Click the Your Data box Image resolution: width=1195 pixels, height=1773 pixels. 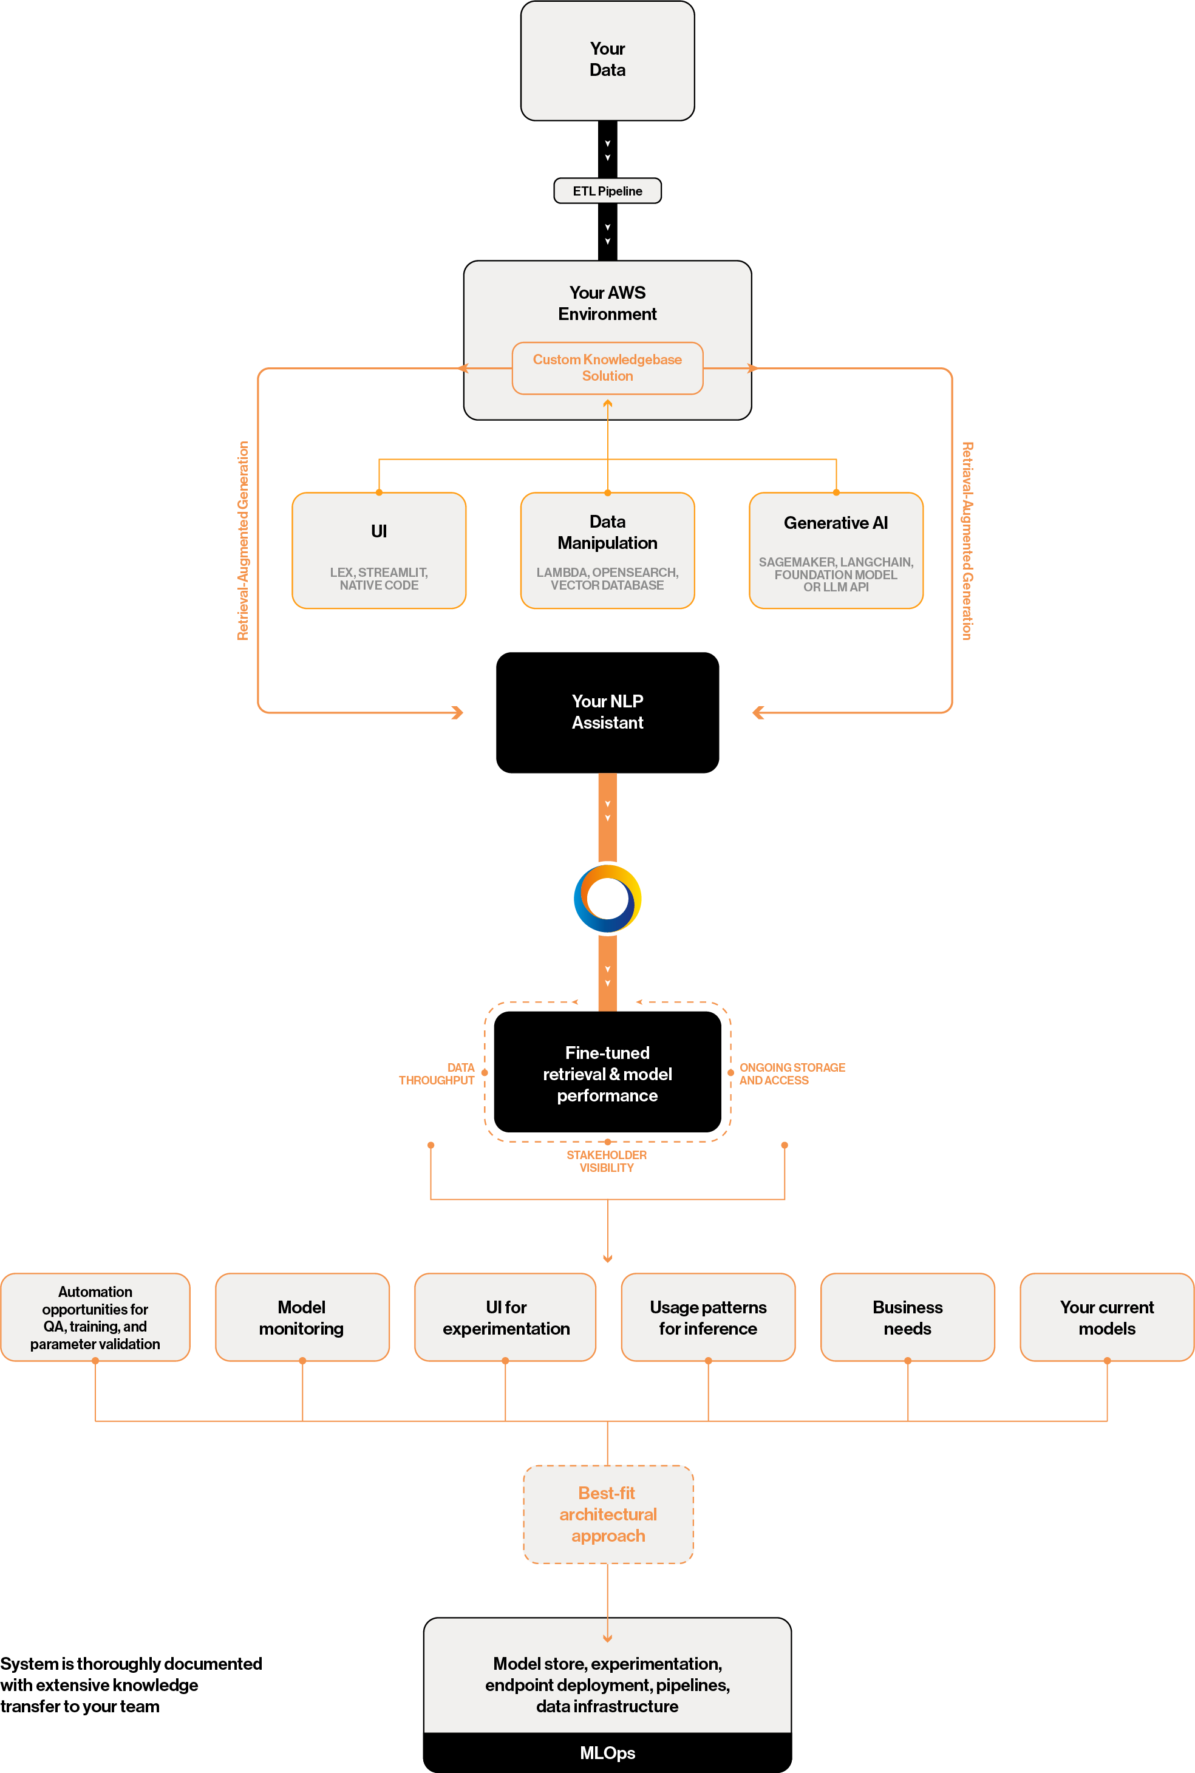coord(607,60)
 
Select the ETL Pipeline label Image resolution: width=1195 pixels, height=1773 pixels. coord(607,191)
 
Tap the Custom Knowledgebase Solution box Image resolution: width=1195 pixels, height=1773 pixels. coord(607,367)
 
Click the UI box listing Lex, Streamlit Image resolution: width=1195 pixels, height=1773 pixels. coord(378,550)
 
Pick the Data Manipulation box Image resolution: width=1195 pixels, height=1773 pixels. coord(607,550)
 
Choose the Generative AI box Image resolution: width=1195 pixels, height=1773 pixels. coord(836,550)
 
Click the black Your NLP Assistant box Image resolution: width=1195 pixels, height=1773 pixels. coord(607,712)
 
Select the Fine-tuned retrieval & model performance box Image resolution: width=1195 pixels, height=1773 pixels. coord(607,1073)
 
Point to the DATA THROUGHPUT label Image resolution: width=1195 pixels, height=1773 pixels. coord(437,1073)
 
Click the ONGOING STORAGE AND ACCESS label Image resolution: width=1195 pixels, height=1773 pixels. coord(791,1073)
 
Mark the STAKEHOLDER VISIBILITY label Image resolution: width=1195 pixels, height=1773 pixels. coord(606,1160)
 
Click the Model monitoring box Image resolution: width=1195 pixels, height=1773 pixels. coord(302,1318)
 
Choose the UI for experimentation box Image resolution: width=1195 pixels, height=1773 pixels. coord(505,1318)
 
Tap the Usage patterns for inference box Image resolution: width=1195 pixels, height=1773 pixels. coord(708,1318)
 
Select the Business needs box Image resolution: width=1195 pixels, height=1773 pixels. coord(907,1318)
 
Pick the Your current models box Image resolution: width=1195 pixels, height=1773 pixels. coord(1106,1318)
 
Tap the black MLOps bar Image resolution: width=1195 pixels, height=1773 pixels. coord(607,1752)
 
